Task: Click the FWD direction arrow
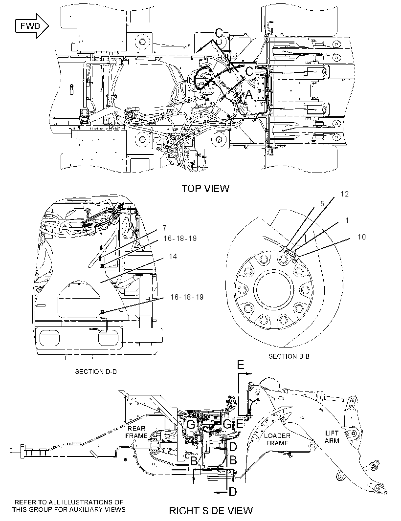(32, 26)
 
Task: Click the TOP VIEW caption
(205, 188)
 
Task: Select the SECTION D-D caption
(96, 371)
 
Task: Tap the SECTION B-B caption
(289, 356)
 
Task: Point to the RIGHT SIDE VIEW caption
(211, 511)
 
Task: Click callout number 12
(344, 194)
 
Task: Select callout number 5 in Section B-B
(322, 204)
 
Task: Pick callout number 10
(361, 237)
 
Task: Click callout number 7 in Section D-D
(164, 228)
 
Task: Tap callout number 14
(173, 256)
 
